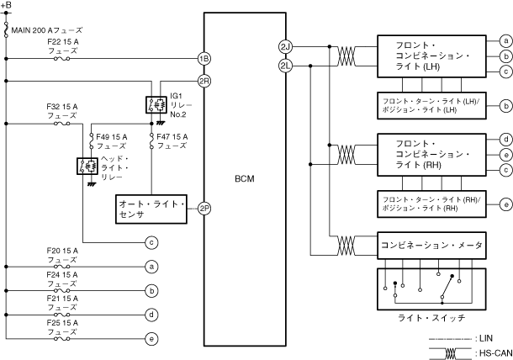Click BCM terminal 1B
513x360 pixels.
[x=204, y=59]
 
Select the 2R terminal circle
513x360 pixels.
[x=204, y=81]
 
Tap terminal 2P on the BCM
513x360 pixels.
[x=204, y=209]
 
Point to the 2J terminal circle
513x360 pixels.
[x=286, y=47]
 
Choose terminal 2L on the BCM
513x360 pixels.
[x=286, y=66]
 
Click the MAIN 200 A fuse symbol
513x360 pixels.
[x=6, y=29]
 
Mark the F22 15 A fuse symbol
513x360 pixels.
[x=61, y=59]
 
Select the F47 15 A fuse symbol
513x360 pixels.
[x=151, y=141]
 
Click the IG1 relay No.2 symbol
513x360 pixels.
[x=156, y=105]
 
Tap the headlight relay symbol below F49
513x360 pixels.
[x=87, y=166]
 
